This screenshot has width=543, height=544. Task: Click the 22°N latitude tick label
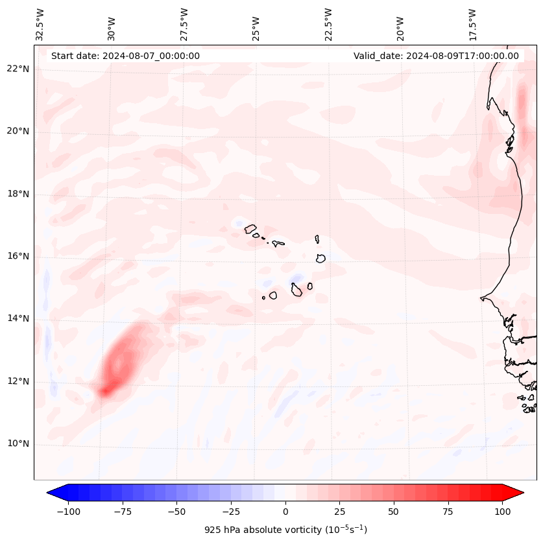pyautogui.click(x=18, y=69)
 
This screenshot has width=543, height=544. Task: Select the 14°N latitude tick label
pyautogui.click(x=18, y=318)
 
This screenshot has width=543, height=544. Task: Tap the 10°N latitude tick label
pyautogui.click(x=18, y=444)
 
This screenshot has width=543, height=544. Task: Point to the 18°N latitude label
pyautogui.click(x=18, y=194)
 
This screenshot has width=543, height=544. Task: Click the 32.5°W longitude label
pyautogui.click(x=40, y=24)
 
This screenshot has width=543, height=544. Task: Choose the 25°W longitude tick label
pyautogui.click(x=257, y=25)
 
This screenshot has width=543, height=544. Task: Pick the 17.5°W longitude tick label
pyautogui.click(x=472, y=24)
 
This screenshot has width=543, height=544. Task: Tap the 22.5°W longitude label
pyautogui.click(x=328, y=24)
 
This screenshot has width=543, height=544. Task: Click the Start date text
pyautogui.click(x=125, y=56)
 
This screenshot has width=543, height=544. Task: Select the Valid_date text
pyautogui.click(x=436, y=56)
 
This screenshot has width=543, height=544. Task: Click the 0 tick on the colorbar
pyautogui.click(x=285, y=512)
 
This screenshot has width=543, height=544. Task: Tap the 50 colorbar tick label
pyautogui.click(x=394, y=512)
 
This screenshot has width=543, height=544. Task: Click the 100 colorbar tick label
pyautogui.click(x=502, y=512)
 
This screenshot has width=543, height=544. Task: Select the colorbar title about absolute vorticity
pyautogui.click(x=285, y=530)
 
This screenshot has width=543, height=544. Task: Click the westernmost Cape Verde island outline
pyautogui.click(x=250, y=228)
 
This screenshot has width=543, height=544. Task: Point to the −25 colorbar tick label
pyautogui.click(x=231, y=512)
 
